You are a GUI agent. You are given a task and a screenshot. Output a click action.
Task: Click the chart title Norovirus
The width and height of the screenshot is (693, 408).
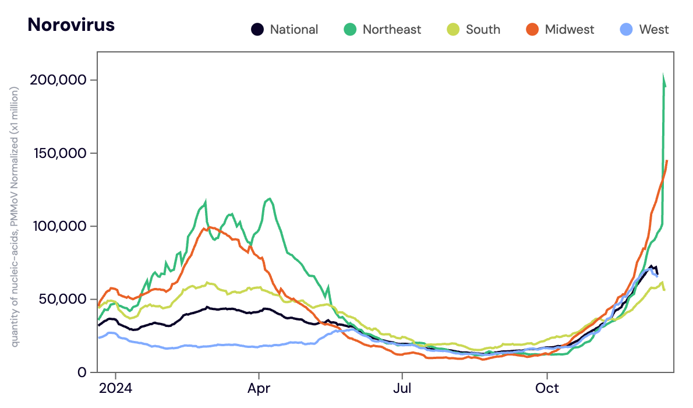point(71,25)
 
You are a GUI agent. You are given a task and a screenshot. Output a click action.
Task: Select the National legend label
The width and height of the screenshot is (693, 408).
point(294,29)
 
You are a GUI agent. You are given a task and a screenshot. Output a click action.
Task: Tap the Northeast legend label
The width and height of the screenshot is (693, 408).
point(392,29)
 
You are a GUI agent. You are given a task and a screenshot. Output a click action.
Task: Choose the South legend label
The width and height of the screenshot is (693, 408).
point(483,29)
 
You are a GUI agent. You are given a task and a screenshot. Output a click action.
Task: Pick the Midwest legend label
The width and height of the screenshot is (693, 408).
point(570,29)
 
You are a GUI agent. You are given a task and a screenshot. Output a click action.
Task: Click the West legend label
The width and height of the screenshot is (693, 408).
point(654,29)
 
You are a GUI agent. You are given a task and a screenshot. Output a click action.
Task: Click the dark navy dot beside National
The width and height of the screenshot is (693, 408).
point(257,29)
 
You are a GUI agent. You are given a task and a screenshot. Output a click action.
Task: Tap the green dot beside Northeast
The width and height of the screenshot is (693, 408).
point(350,29)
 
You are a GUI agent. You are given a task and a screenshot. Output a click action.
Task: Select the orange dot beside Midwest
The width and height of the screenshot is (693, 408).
point(533,29)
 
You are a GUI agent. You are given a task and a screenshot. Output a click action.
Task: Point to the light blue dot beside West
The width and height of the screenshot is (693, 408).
point(626,29)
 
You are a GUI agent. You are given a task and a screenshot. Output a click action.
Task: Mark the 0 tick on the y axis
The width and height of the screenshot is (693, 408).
point(83,372)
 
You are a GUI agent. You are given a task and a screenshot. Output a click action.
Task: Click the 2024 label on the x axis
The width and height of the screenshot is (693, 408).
point(115,388)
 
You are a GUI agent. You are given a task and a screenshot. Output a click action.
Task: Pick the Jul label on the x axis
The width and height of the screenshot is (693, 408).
point(401,388)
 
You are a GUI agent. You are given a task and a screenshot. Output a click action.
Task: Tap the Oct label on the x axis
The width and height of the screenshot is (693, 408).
point(547,388)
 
